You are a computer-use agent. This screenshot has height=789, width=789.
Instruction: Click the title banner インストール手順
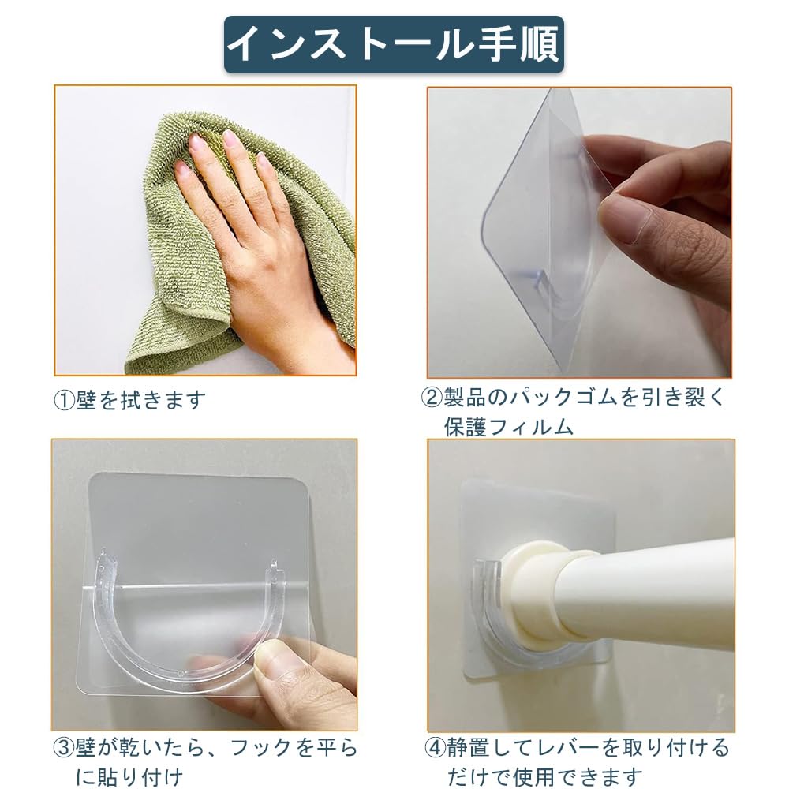point(394,45)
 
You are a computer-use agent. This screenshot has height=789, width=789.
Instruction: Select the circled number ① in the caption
point(65,401)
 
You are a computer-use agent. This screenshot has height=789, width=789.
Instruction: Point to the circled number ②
point(432,398)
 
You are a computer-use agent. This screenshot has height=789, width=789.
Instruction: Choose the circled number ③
point(64,748)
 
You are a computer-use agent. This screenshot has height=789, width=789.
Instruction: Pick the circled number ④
point(436,748)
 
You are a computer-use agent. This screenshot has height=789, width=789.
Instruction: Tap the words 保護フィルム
point(509,427)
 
